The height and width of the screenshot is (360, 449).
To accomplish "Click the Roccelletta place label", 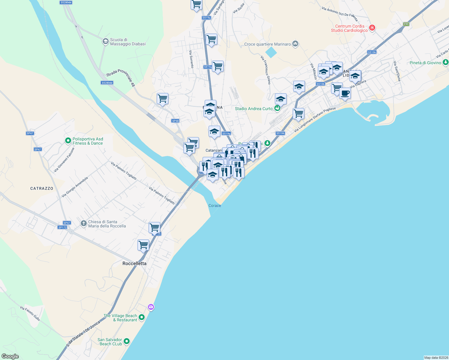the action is (134, 263).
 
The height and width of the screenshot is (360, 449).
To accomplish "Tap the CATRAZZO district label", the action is (42, 188).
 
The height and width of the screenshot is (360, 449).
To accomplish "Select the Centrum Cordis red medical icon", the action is (372, 28).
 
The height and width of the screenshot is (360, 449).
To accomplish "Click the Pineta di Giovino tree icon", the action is (446, 62).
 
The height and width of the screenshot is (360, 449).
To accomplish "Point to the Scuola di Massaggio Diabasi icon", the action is (105, 41).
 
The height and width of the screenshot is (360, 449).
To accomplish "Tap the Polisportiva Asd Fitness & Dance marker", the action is (68, 140).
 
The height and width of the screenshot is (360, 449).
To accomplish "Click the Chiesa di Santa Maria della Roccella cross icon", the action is (84, 223).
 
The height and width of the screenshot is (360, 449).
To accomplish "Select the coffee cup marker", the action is (345, 93).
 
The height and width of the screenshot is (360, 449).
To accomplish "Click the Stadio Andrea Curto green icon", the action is (277, 108).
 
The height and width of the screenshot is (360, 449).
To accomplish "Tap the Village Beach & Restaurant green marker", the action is (142, 317).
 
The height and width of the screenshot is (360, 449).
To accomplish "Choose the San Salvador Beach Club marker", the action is (127, 341).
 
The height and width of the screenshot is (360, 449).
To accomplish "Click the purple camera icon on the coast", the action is (151, 307).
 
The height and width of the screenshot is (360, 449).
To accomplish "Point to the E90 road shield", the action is (406, 24).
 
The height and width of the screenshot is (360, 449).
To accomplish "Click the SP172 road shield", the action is (62, 227).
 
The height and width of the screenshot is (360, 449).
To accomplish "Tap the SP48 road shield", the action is (175, 121).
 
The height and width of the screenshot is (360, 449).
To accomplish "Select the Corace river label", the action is (215, 205).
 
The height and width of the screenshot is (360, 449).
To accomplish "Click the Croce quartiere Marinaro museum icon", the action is (295, 44).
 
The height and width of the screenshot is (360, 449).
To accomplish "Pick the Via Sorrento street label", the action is (191, 59).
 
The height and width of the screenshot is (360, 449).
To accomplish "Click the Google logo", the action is (10, 356).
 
